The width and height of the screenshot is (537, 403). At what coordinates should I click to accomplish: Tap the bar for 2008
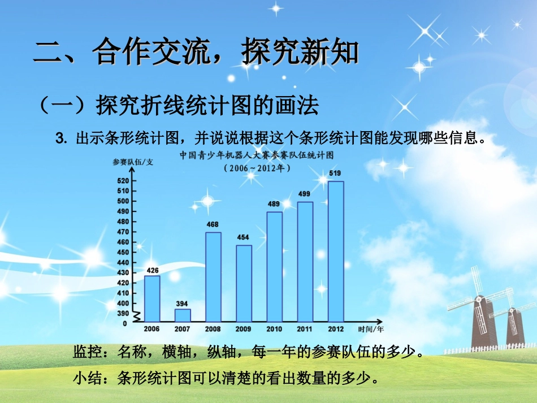coord(213,277)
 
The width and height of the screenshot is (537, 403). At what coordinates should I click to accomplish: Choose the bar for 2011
coord(305,262)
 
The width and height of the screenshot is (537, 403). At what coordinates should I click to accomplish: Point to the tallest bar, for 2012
coord(336,252)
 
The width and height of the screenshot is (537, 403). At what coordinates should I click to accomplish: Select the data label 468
coord(213,224)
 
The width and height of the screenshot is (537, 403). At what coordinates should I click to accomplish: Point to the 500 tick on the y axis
coord(123,201)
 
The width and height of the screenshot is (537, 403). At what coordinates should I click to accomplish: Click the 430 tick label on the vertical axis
coord(123,273)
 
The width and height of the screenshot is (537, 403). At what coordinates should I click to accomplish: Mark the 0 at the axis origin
coord(125,323)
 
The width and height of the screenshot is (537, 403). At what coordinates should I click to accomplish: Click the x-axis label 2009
coord(244,328)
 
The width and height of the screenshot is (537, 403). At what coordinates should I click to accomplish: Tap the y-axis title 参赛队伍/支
coord(133,163)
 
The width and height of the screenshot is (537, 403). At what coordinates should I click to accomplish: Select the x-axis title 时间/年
coord(371,328)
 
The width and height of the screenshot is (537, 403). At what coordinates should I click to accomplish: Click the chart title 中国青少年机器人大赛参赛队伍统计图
coord(257,154)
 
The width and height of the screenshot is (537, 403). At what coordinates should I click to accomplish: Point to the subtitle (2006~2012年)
coord(257,168)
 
